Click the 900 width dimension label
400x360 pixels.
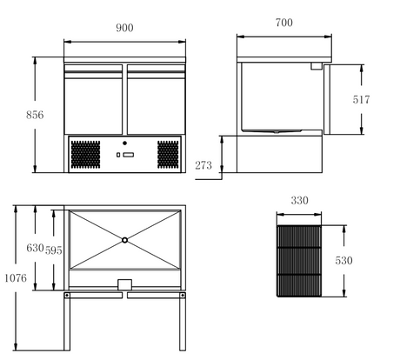pyautogui.click(x=124, y=28)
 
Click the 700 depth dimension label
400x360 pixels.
pyautogui.click(x=284, y=23)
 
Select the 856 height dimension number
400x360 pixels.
pyautogui.click(x=35, y=115)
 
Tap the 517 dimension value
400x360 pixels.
pyautogui.click(x=361, y=100)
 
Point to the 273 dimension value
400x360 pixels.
pyautogui.click(x=203, y=165)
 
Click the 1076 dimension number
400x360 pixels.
pyautogui.click(x=16, y=278)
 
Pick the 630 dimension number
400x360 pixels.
pyautogui.click(x=35, y=248)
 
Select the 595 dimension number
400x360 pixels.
pyautogui.click(x=54, y=250)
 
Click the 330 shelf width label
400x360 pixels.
pyautogui.click(x=299, y=201)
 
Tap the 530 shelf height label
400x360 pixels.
pyautogui.click(x=343, y=261)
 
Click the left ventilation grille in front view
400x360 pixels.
pyautogui.click(x=85, y=155)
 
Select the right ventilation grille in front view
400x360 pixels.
pyautogui.click(x=168, y=155)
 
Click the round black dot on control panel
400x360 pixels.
pyautogui.click(x=124, y=143)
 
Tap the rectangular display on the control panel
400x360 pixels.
pyautogui.click(x=129, y=155)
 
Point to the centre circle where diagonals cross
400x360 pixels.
pyautogui.click(x=124, y=240)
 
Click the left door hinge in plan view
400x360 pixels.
pyautogui.click(x=67, y=296)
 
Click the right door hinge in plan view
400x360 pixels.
pyautogui.click(x=183, y=296)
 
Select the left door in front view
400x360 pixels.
pyautogui.click(x=93, y=99)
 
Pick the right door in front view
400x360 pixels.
pyautogui.click(x=157, y=99)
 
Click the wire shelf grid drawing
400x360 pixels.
pyautogui.click(x=299, y=261)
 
